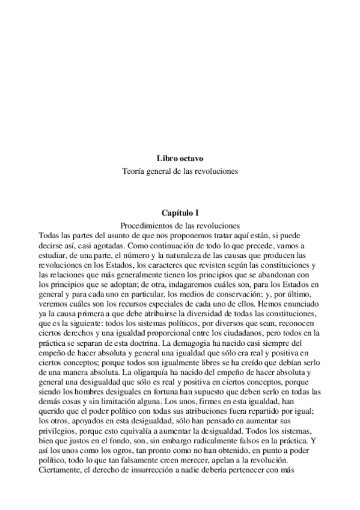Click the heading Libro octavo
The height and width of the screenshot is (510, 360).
pyautogui.click(x=180, y=159)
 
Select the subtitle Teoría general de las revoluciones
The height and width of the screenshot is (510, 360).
pyautogui.click(x=180, y=171)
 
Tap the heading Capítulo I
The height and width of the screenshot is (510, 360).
pyautogui.click(x=180, y=212)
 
